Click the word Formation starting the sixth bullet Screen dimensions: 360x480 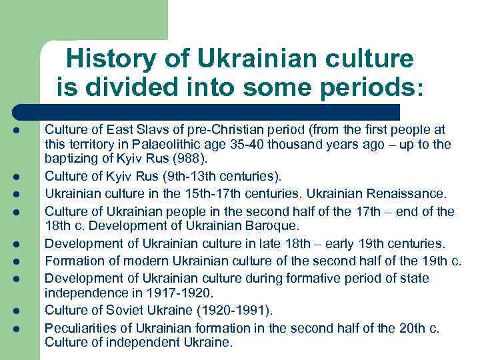coord(73,261)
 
